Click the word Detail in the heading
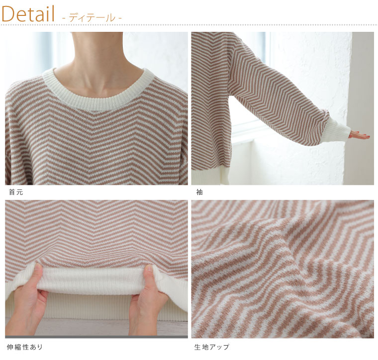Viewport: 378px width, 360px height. coord(28,14)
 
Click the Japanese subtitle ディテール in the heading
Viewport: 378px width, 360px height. coord(92,18)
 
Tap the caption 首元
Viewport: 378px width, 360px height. coord(16,192)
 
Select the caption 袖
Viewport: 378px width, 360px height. coord(199,192)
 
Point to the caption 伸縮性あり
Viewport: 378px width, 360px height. coord(25,347)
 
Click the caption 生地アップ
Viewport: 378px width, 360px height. coord(212,347)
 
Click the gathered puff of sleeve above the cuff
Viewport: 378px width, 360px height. coord(323,116)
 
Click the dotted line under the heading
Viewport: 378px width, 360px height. coord(189,25)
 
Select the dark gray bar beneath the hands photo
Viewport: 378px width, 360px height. coord(96,337)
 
